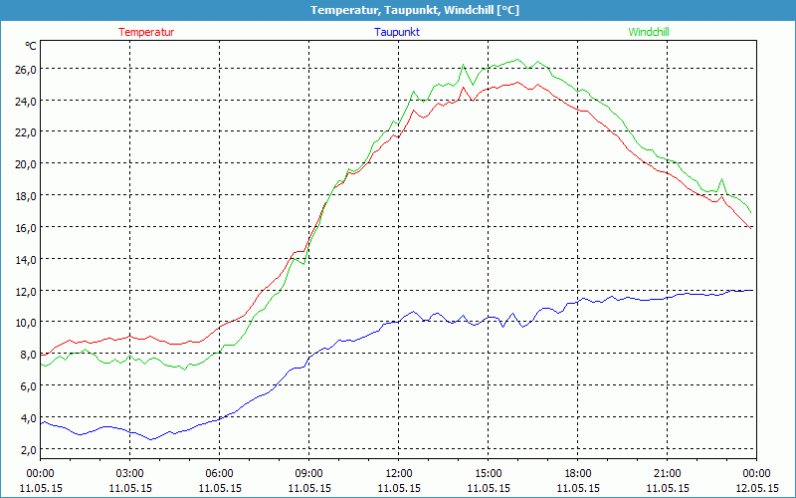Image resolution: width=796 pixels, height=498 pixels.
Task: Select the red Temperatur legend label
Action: (x=146, y=32)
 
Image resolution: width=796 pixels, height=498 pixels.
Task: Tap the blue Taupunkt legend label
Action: (x=398, y=32)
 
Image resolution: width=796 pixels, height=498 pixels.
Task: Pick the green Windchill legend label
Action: (x=649, y=32)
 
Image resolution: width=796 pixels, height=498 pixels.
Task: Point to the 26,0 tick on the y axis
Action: (x=25, y=69)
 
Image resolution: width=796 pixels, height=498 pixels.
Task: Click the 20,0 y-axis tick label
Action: (x=25, y=163)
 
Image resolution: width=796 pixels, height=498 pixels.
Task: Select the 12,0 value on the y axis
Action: (x=25, y=291)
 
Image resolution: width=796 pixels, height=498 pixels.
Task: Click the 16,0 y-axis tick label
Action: (x=25, y=227)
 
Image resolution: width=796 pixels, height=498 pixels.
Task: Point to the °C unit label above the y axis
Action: (x=31, y=46)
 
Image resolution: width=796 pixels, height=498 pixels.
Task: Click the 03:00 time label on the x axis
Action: (x=130, y=473)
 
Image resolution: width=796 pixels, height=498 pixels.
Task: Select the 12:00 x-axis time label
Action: (x=399, y=473)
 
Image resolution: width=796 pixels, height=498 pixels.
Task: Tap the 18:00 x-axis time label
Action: (x=578, y=473)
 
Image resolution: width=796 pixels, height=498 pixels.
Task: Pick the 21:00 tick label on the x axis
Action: (x=668, y=473)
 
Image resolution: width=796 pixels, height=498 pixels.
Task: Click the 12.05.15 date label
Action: (x=757, y=488)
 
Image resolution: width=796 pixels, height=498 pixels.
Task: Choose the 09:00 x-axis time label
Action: (x=309, y=473)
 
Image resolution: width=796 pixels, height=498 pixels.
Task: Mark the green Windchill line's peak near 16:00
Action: (x=518, y=60)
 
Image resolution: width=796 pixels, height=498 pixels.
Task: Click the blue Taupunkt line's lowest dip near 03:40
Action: (x=151, y=439)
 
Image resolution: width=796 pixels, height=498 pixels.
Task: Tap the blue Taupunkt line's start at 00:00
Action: (x=41, y=422)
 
